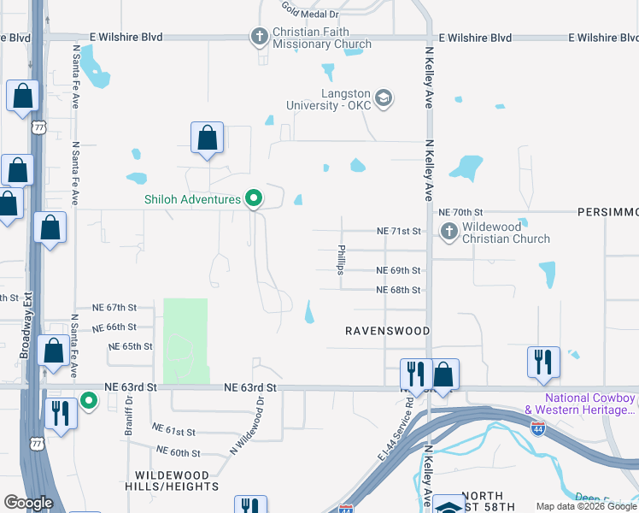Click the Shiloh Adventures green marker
pyautogui.click(x=253, y=199)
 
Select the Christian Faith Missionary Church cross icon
pyautogui.click(x=259, y=37)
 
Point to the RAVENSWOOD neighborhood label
pyautogui.click(x=387, y=330)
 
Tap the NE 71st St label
pyautogui.click(x=400, y=231)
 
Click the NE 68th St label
pyautogui.click(x=399, y=290)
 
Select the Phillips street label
pyautogui.click(x=340, y=259)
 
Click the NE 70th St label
pyautogui.click(x=460, y=211)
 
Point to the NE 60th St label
pyautogui.click(x=178, y=452)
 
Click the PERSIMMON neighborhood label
pyautogui.click(x=607, y=211)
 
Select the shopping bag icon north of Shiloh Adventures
pyautogui.click(x=207, y=138)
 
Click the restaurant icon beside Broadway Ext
pyautogui.click(x=59, y=413)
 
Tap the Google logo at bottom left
pyautogui.click(x=28, y=503)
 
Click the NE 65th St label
pyautogui.click(x=131, y=346)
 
